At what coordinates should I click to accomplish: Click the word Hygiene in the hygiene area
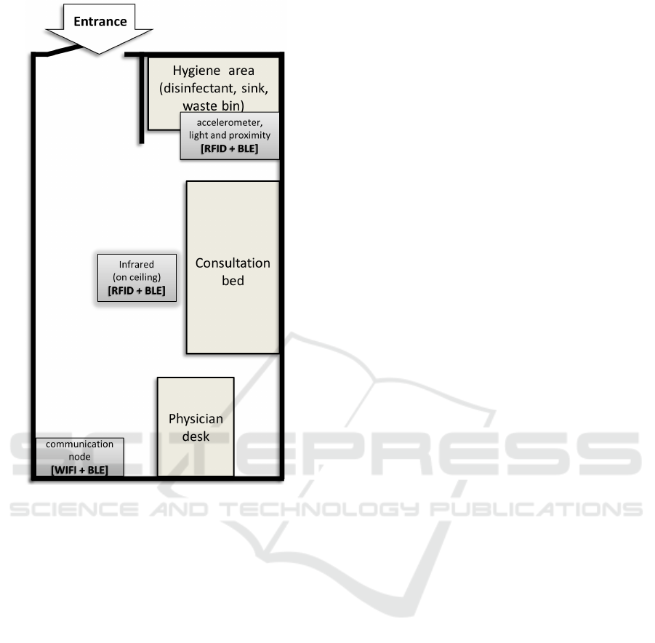click(196, 71)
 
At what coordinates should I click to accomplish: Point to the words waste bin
click(214, 105)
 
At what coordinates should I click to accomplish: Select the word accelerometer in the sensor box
click(229, 122)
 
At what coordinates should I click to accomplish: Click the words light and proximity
click(229, 135)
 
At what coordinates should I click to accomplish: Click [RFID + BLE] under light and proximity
click(229, 148)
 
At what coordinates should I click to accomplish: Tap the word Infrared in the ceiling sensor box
click(137, 264)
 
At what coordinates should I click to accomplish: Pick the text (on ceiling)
click(137, 277)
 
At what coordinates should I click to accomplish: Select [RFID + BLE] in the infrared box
click(137, 290)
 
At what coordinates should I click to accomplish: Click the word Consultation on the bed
click(233, 263)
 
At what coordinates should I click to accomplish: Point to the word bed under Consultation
click(233, 281)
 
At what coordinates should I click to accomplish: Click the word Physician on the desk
click(196, 419)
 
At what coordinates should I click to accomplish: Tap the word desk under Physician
click(196, 436)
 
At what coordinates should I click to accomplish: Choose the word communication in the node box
click(79, 444)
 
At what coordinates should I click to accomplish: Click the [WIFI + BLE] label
click(79, 470)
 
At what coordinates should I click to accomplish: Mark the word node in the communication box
click(79, 457)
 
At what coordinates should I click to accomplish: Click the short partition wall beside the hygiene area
click(142, 99)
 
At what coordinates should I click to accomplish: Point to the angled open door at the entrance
click(63, 50)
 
